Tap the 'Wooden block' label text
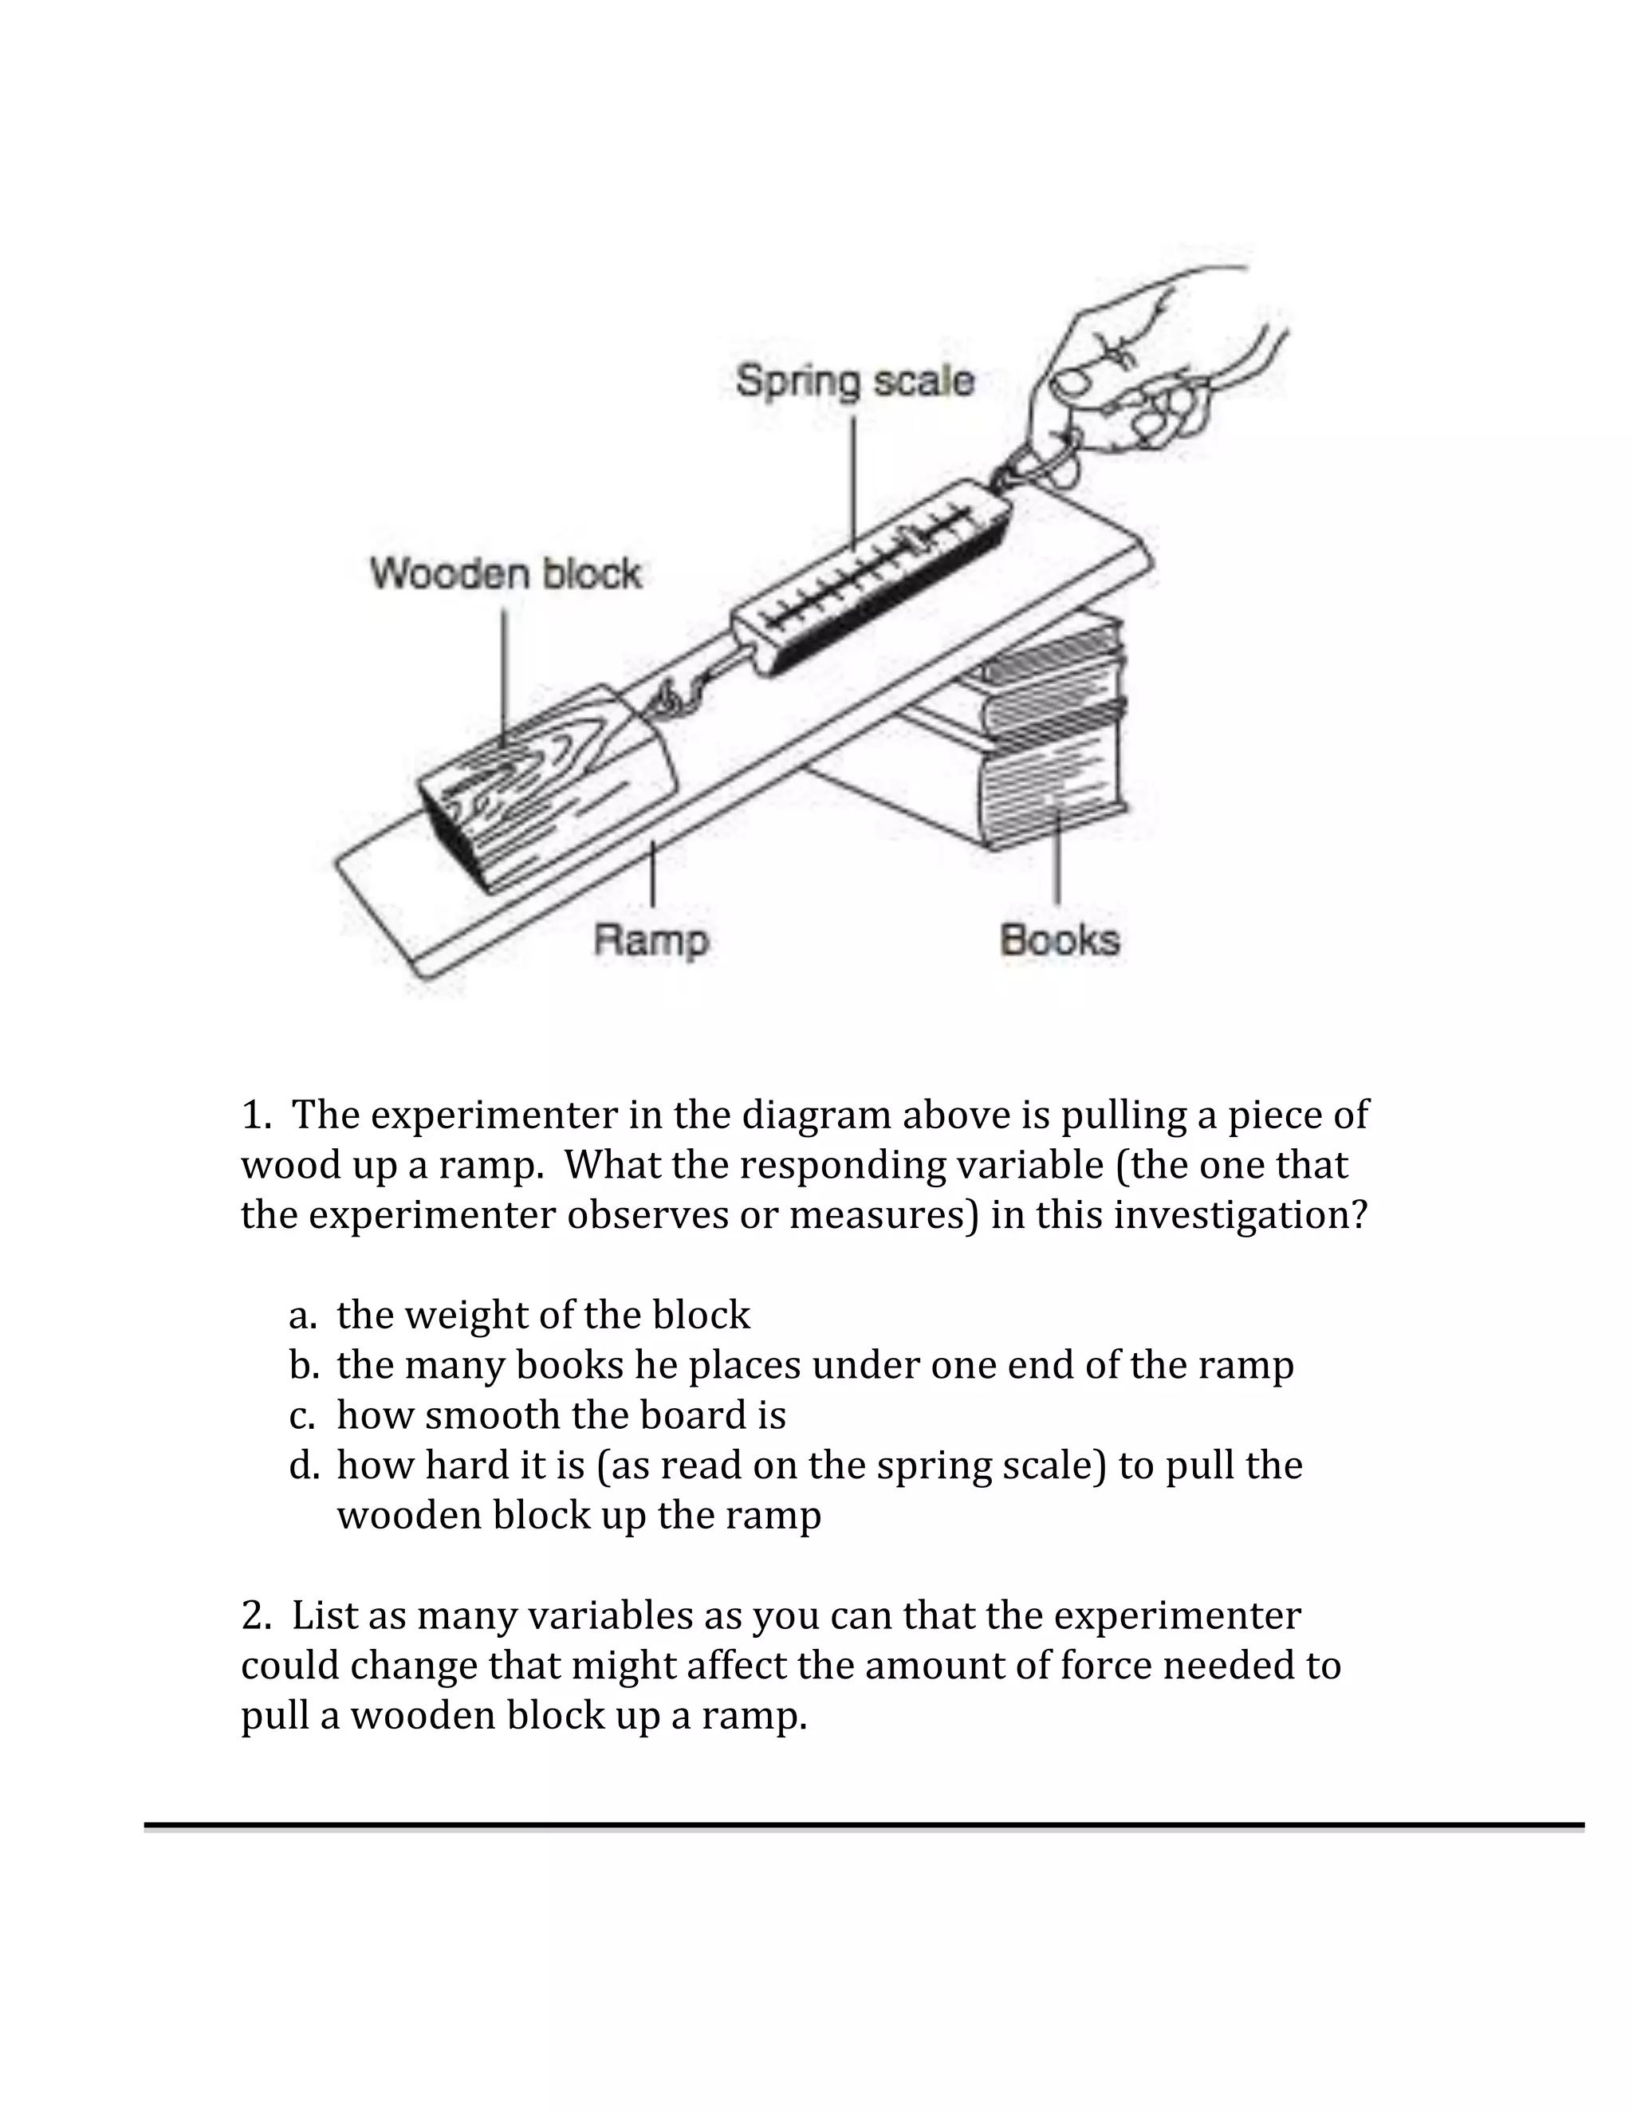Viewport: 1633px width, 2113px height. click(x=505, y=574)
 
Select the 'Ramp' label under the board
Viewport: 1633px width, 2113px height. click(x=651, y=939)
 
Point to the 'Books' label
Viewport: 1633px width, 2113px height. click(x=1060, y=939)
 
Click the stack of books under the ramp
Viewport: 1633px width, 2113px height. click(x=1049, y=745)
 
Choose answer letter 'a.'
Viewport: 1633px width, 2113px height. click(x=303, y=1316)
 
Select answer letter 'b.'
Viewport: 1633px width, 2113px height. click(x=304, y=1365)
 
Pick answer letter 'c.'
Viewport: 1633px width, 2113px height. click(x=302, y=1415)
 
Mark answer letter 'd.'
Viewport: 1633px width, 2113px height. click(x=304, y=1465)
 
